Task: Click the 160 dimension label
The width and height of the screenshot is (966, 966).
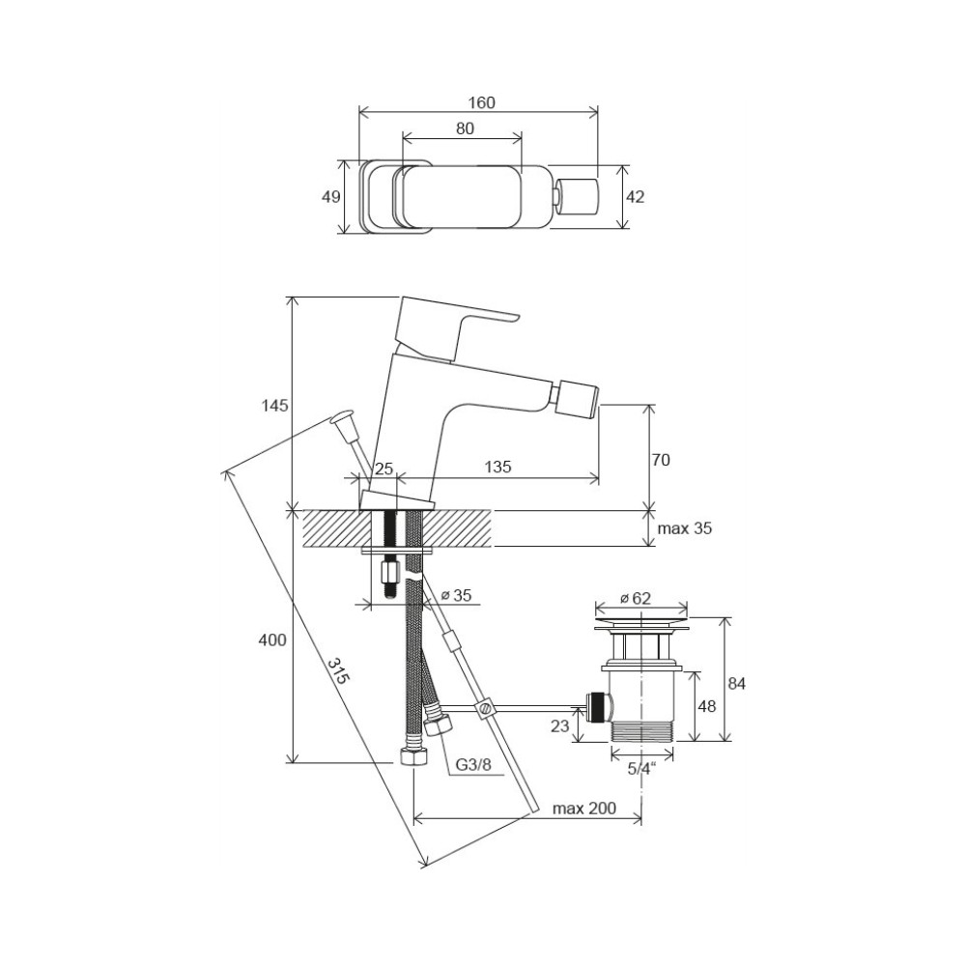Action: (481, 102)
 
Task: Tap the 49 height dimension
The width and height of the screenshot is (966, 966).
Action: (330, 196)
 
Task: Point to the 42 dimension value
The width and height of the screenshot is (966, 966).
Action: (635, 196)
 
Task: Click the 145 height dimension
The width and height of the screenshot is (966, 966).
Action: (274, 406)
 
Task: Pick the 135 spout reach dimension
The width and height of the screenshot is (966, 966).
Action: (497, 467)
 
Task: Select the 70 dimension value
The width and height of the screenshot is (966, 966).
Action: (661, 460)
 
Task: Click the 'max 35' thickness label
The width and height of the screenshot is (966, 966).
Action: (685, 528)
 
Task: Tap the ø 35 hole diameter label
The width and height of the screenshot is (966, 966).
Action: (457, 595)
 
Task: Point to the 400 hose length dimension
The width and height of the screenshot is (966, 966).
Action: (271, 640)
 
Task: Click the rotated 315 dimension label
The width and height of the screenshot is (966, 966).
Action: (337, 671)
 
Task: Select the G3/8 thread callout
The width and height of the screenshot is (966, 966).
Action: (473, 764)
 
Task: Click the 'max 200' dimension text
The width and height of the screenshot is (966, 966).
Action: (584, 808)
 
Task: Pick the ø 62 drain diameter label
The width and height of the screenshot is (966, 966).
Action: (636, 598)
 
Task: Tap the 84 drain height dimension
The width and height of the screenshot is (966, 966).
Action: (736, 683)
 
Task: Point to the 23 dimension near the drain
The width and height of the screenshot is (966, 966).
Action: (559, 726)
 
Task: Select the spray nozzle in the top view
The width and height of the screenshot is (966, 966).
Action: (578, 196)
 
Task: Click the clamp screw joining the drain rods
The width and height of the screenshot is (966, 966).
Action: (485, 706)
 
